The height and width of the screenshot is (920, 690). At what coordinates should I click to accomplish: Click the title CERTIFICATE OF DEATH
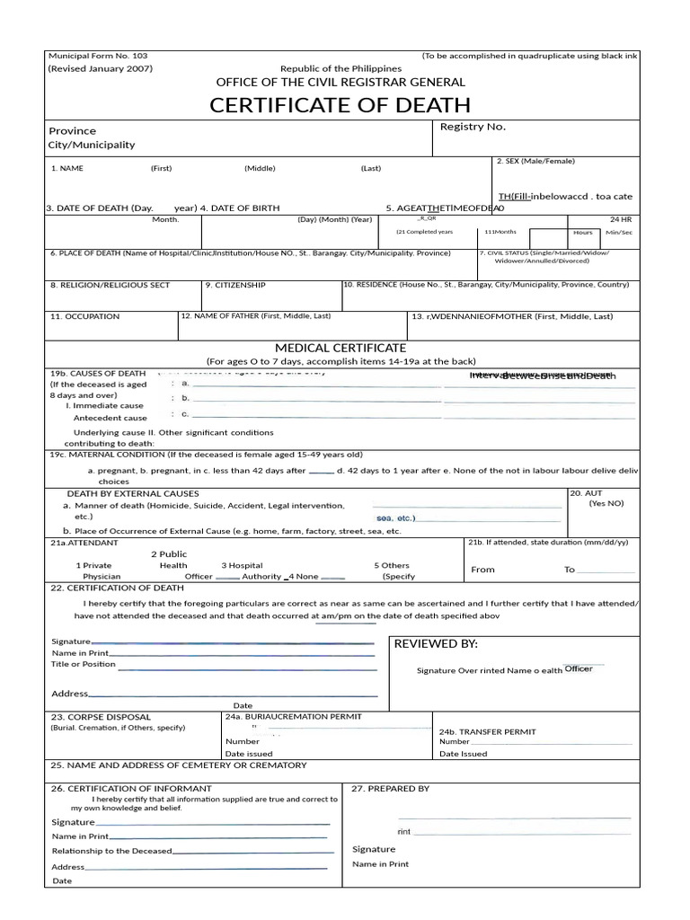340,105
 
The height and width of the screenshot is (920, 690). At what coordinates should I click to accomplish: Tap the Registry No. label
473,127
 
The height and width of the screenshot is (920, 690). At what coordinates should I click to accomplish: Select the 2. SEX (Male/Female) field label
535,161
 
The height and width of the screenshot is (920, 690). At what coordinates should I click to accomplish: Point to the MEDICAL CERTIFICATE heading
340,348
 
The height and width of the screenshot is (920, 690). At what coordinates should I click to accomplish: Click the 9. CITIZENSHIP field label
235,285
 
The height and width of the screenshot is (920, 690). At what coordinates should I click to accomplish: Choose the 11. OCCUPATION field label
84,316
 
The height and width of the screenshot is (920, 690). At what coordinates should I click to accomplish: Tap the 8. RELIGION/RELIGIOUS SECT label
110,285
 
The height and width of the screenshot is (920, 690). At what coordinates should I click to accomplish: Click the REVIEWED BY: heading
436,644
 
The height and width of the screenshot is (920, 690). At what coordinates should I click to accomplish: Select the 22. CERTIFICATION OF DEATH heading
117,588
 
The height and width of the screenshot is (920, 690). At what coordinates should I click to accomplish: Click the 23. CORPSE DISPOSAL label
101,717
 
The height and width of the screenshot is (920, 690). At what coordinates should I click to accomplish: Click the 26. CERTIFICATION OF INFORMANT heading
131,788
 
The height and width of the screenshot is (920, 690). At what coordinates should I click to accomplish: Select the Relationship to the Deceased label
111,851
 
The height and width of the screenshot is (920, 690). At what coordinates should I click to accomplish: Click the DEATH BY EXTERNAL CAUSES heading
133,493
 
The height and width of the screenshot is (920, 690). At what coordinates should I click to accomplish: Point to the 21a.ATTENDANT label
84,543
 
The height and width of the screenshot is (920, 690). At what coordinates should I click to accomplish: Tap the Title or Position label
84,664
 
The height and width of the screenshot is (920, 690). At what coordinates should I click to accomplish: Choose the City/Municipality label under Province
92,145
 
